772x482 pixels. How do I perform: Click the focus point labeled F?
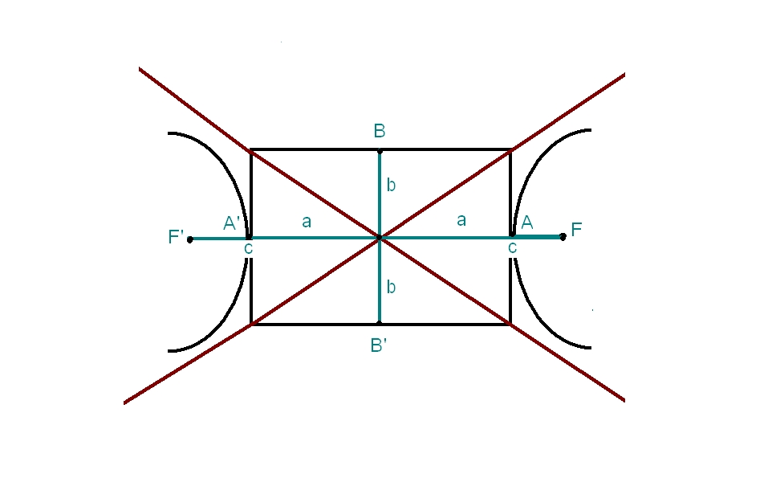click(563, 236)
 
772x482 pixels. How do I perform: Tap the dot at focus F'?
click(190, 239)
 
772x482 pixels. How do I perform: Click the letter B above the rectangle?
click(380, 131)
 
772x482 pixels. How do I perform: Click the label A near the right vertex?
click(527, 223)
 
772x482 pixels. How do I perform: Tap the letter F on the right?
click(576, 229)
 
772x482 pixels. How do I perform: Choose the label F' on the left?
click(176, 237)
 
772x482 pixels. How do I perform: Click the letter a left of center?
click(307, 222)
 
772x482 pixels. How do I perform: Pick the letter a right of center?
click(461, 221)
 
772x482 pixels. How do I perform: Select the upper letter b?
click(391, 186)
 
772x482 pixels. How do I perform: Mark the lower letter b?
click(391, 287)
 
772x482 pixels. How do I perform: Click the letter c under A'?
click(249, 249)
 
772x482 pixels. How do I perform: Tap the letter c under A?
click(512, 249)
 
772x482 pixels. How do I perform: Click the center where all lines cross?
click(380, 237)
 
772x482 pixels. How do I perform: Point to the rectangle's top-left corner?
click(251, 149)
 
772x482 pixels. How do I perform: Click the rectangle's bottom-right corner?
click(510, 325)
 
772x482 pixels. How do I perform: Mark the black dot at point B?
click(380, 150)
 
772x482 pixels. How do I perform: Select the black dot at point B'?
click(380, 325)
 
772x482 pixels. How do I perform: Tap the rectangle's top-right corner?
click(510, 149)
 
